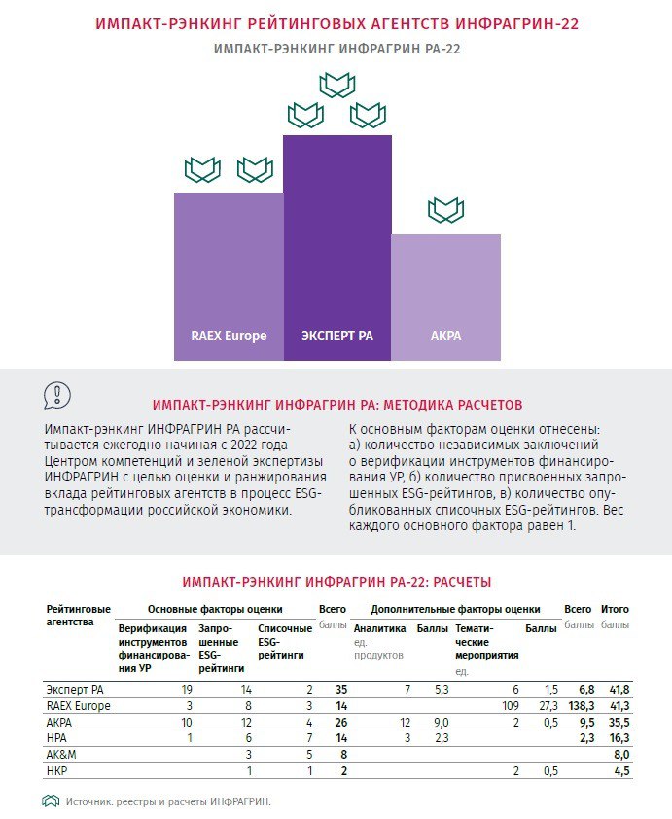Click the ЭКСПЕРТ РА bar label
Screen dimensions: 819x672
pyautogui.click(x=336, y=337)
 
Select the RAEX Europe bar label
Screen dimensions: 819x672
pyautogui.click(x=229, y=337)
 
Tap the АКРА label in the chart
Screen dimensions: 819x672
pyautogui.click(x=445, y=337)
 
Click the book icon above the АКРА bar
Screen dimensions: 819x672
pyautogui.click(x=445, y=209)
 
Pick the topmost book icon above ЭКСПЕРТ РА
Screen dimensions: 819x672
pyautogui.click(x=336, y=85)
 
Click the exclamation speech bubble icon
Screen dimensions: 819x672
pyautogui.click(x=58, y=394)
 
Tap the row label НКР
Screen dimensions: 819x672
pyautogui.click(x=56, y=771)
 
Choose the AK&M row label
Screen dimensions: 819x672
pyautogui.click(x=59, y=755)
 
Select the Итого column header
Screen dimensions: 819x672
pyautogui.click(x=615, y=609)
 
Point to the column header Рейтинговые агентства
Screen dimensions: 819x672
pyautogui.click(x=78, y=615)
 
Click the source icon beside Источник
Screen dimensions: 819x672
pyautogui.click(x=51, y=801)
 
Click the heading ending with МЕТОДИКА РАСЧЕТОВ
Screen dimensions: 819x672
pyautogui.click(x=337, y=404)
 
